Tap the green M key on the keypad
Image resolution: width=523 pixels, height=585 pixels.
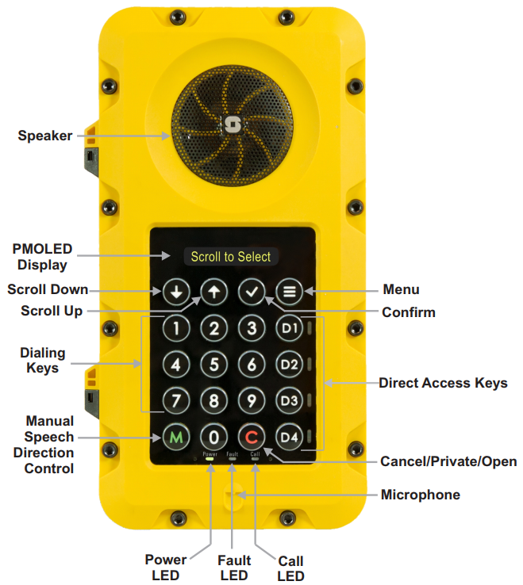[176, 436]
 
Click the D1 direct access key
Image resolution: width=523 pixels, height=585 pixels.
[289, 327]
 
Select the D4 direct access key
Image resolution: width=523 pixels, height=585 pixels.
[289, 436]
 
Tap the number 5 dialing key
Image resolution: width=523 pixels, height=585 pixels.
[213, 365]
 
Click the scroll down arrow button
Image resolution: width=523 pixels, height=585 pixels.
[176, 291]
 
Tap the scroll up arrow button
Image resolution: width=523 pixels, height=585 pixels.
[213, 291]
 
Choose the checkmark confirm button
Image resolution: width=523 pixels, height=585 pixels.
[252, 291]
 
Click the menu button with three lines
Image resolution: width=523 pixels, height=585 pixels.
[289, 291]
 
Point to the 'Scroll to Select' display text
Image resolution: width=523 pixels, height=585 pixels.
[231, 256]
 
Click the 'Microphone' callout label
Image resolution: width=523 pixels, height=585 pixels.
[420, 495]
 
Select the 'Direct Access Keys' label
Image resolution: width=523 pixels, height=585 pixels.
[443, 384]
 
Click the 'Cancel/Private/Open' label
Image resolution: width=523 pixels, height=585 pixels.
[448, 461]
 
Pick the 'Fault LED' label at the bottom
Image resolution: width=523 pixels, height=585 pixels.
[234, 568]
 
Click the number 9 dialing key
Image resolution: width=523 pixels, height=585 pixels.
[252, 400]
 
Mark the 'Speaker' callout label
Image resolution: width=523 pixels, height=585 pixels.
[45, 136]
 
